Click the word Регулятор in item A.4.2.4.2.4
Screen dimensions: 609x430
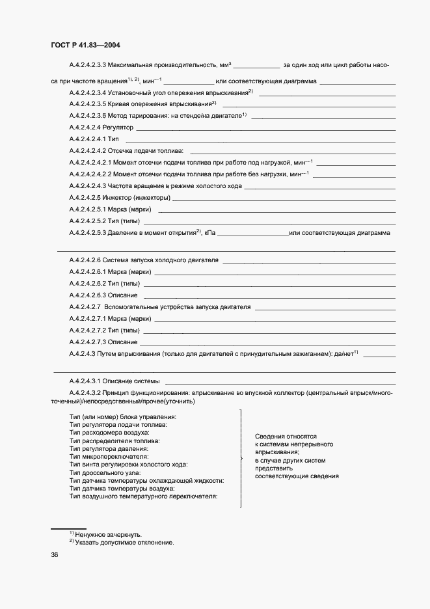click(118, 128)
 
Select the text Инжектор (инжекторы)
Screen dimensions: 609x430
click(139, 197)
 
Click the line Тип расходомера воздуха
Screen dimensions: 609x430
click(109, 432)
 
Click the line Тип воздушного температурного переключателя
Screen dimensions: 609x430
click(142, 496)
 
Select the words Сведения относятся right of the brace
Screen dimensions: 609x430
click(285, 437)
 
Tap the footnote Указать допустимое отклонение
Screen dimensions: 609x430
click(124, 542)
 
